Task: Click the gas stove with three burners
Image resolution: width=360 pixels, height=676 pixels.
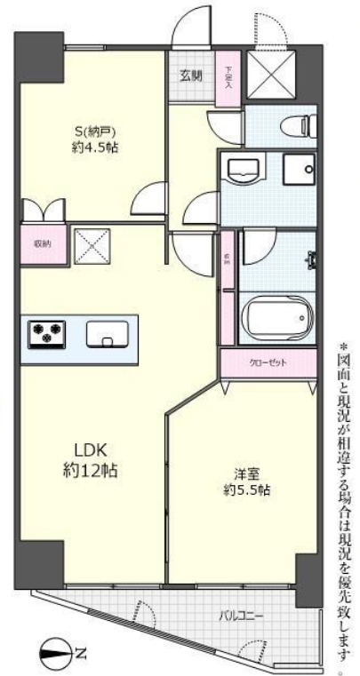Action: (49, 334)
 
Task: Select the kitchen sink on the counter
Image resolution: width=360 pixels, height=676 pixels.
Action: (108, 334)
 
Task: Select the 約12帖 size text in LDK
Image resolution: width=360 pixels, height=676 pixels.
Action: (91, 470)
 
